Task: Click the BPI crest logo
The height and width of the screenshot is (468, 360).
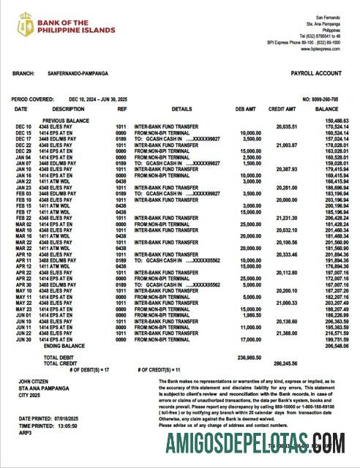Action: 26,24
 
